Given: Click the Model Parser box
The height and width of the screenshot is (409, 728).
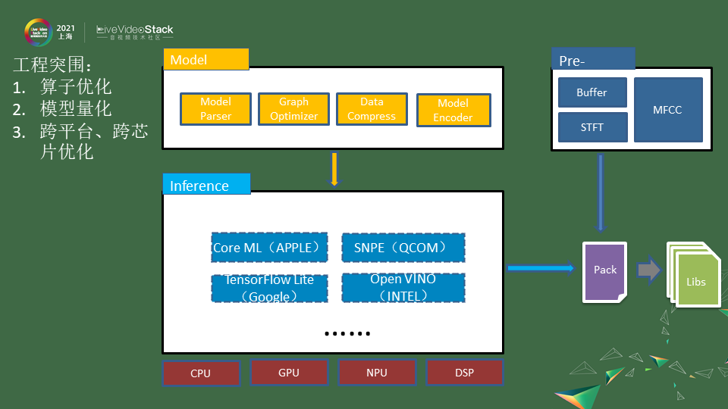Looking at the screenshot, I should click(215, 109).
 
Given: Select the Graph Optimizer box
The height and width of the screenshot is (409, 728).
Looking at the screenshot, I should click(293, 109).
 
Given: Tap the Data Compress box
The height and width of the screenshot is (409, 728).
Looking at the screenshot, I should click(372, 109).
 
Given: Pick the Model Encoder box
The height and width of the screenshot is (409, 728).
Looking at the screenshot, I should click(453, 110).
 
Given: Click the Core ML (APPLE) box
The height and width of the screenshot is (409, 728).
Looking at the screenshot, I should click(270, 248).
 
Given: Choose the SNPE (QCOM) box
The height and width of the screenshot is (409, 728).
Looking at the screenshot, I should click(403, 248).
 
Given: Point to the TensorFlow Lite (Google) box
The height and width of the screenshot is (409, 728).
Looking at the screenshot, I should click(269, 288).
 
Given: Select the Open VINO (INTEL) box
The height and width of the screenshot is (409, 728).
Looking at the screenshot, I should click(403, 288).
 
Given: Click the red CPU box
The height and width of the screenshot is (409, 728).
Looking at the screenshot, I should click(201, 373).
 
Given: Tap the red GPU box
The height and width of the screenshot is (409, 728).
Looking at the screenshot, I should click(289, 372).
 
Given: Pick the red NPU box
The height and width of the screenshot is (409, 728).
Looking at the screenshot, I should click(377, 372).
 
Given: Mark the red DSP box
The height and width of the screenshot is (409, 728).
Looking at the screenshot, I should click(464, 372).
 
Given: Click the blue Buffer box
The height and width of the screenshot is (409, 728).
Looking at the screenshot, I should click(592, 92).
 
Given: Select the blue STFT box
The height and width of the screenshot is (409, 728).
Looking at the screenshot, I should click(592, 127).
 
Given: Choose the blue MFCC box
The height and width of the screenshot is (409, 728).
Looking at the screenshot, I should click(667, 110).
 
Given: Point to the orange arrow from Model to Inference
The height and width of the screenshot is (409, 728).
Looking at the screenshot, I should click(334, 169).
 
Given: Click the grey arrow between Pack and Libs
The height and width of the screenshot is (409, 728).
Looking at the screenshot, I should click(648, 270).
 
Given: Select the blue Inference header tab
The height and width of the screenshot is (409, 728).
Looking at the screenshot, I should click(206, 185).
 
